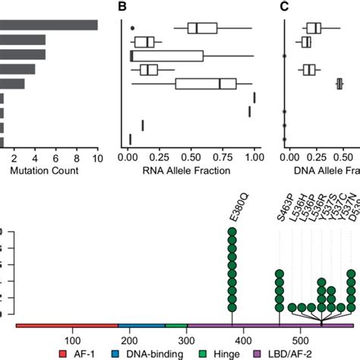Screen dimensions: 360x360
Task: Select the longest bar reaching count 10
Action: [49, 25]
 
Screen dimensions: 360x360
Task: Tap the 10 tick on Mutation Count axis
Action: [97, 157]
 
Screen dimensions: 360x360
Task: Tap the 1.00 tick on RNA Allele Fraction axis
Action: [254, 157]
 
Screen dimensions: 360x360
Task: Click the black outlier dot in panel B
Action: [132, 29]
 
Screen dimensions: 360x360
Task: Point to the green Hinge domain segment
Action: [175, 325]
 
